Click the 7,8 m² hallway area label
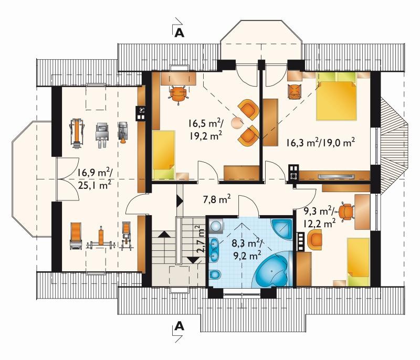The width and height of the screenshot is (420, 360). coord(217,199)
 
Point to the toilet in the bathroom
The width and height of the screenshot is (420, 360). coord(215,274)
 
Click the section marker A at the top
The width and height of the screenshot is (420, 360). coord(179,33)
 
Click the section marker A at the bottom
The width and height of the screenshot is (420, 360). coord(179,326)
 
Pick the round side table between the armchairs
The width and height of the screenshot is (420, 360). coord(237,123)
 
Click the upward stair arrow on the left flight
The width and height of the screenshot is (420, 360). coord(164,235)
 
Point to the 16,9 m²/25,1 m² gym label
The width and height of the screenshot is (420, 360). coord(95,178)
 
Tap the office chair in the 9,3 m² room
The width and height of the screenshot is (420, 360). coord(346,212)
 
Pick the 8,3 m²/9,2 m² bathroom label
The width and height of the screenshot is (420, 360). coord(246,249)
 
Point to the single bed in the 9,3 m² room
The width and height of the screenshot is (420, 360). coord(359,262)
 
